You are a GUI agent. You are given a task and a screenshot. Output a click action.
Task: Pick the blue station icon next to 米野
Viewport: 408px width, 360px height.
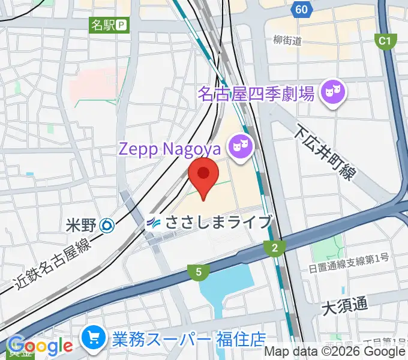point(107,226)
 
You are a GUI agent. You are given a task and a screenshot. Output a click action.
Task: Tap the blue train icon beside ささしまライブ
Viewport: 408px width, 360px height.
point(154,223)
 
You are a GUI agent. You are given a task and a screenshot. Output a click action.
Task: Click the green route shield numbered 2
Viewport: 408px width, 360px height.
point(274,247)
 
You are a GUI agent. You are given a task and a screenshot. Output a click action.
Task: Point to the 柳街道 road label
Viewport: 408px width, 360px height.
point(286,41)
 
